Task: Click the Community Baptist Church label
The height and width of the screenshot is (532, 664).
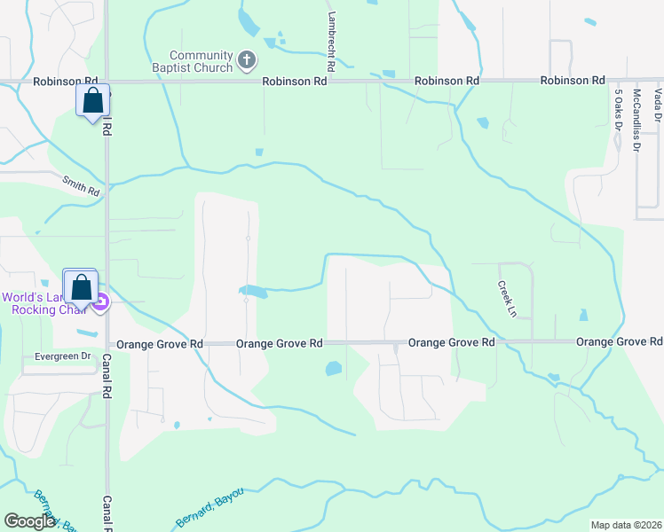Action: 202,61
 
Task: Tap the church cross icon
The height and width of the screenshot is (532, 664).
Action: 247,61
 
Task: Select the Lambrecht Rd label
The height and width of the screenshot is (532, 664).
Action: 329,41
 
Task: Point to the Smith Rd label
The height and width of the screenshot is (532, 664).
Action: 81,184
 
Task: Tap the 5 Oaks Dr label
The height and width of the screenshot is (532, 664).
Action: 617,109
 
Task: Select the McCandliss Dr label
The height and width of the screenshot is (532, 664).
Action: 636,120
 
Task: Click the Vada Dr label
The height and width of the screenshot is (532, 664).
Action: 658,105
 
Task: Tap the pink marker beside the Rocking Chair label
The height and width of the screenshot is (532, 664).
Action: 101,303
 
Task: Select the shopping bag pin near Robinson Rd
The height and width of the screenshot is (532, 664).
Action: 92,101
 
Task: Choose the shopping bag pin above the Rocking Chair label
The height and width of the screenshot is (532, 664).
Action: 81,287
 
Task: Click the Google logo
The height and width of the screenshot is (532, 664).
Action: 30,521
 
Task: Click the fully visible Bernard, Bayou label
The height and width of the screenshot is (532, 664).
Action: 209,505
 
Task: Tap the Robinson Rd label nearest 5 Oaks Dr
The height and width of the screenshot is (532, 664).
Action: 573,81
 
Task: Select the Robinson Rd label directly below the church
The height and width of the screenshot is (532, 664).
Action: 295,81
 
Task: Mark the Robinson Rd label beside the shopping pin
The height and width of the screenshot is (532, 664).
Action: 41,81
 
